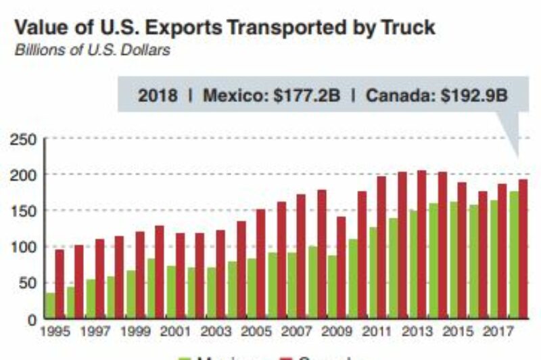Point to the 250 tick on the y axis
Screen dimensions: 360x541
point(24,139)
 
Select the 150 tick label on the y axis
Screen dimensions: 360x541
point(24,211)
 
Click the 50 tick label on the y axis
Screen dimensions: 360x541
point(28,283)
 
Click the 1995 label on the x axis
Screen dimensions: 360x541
point(55,332)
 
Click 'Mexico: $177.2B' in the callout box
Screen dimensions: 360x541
point(273,95)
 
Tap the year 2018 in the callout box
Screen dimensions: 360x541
point(158,95)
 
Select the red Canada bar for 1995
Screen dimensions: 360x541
point(60,284)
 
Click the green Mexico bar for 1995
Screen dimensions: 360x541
point(50,305)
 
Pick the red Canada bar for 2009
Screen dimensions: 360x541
point(341,267)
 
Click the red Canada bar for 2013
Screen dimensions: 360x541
point(421,244)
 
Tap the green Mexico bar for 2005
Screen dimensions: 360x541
point(251,288)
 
